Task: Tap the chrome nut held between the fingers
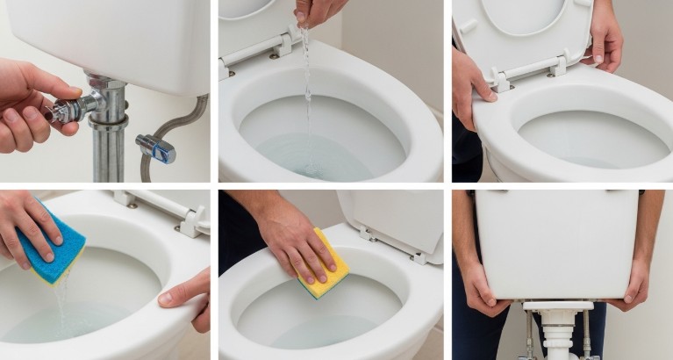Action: [x=65, y=111]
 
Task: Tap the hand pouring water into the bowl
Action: [x=318, y=11]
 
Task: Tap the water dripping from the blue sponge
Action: [x=60, y=303]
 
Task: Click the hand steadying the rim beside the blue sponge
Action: [x=187, y=294]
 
